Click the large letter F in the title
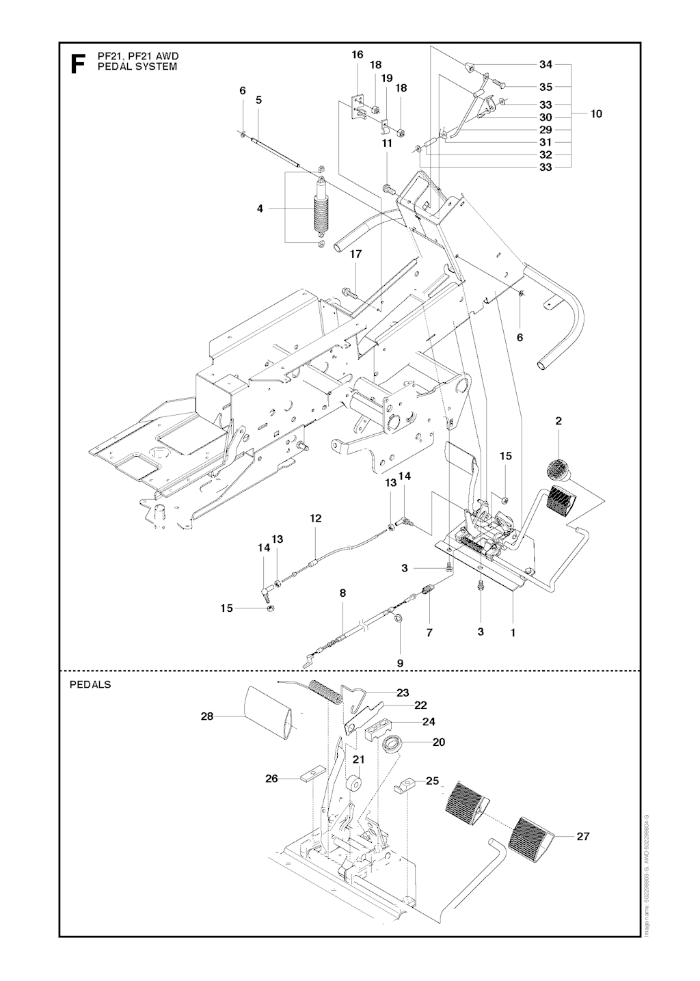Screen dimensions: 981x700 click(x=78, y=63)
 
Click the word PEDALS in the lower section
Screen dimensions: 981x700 click(x=90, y=684)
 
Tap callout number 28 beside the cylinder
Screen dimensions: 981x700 click(x=207, y=716)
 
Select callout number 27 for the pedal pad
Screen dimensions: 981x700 click(x=583, y=836)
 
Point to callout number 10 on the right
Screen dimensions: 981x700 click(x=596, y=114)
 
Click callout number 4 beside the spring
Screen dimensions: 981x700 click(x=260, y=209)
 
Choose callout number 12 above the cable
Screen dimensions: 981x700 click(x=315, y=519)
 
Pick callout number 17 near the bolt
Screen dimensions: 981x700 click(x=355, y=254)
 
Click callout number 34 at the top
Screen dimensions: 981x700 click(x=546, y=65)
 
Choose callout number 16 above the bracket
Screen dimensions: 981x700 click(x=358, y=55)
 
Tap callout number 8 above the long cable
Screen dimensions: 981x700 click(x=342, y=593)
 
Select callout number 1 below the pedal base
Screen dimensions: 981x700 click(x=513, y=633)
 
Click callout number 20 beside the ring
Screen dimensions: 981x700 click(x=439, y=742)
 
